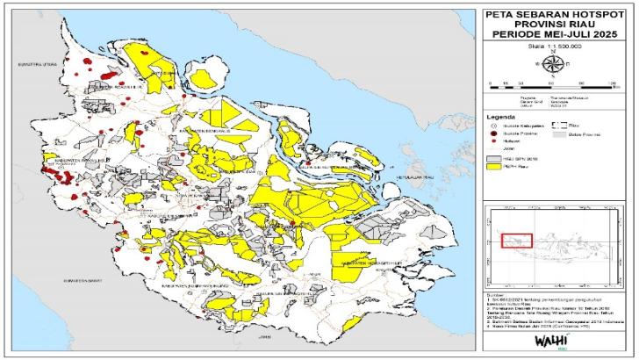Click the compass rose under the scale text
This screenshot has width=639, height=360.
pos(553,63)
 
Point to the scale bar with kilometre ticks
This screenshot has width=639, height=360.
pos(553,82)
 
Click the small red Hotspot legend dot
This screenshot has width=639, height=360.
pos(493,141)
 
